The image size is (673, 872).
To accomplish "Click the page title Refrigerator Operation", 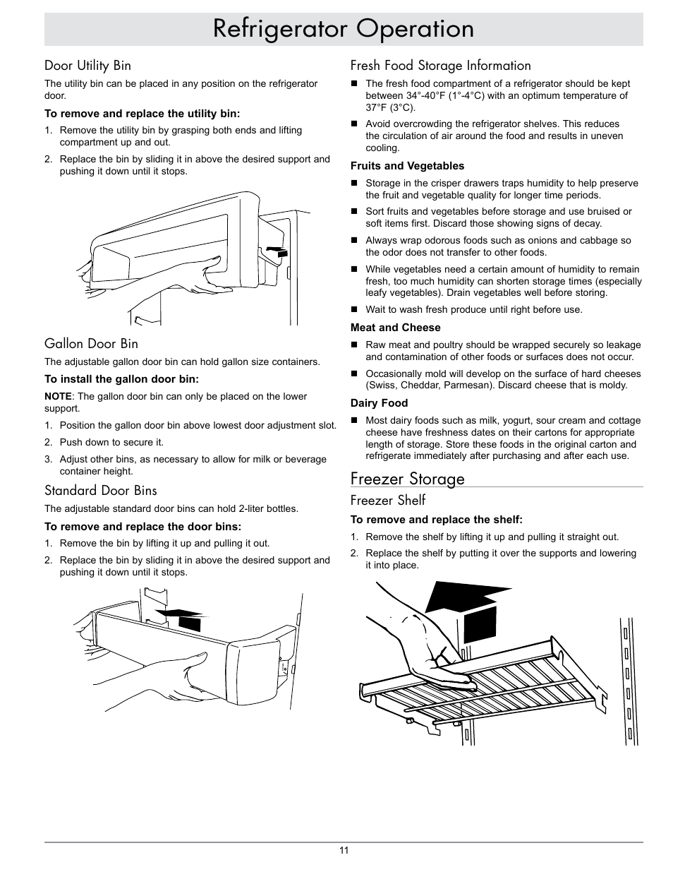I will coord(344,29).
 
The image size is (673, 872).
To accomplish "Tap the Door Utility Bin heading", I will coord(87,66).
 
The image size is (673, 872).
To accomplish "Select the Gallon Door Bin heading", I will coord(91,344).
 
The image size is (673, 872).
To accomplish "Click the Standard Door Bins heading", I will coord(100,491).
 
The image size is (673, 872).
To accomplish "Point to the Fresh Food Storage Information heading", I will coord(440,66).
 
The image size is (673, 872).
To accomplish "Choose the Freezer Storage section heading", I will coord(407,479).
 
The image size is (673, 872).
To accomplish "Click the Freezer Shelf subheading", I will coord(387,501).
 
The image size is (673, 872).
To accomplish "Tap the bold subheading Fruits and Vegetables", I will coord(407,166).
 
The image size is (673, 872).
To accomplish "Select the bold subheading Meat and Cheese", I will coord(395,328).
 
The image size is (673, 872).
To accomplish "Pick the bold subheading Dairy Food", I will coord(379,403).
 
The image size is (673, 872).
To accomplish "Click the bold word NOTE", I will coord(58,396).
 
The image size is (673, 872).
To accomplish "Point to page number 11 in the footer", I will coord(344,850).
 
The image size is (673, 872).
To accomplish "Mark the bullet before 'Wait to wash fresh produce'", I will coord(355,310).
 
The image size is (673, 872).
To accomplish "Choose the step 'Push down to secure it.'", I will coord(111,443).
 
